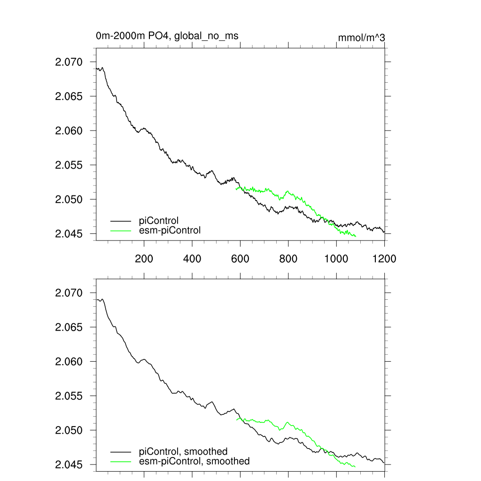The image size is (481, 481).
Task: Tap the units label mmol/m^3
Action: point(361,38)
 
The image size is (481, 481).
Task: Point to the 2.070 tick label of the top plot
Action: point(69,62)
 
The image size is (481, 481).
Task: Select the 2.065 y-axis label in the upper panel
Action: point(69,96)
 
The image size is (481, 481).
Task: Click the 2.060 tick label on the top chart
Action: point(69,131)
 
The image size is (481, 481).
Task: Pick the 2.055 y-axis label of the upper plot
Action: point(69,165)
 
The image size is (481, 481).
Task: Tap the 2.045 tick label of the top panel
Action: point(69,233)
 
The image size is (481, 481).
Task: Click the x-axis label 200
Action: point(144,258)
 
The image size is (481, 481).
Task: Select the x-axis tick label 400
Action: point(192,258)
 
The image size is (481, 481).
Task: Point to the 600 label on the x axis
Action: point(240,258)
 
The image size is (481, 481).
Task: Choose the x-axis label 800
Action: point(288,258)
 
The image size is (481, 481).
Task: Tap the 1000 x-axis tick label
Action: point(336,258)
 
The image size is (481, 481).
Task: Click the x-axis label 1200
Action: point(384,258)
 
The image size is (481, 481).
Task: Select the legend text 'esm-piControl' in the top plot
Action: point(170,230)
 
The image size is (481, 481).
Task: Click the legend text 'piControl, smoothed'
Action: point(183,451)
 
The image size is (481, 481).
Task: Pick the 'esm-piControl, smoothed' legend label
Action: point(194,461)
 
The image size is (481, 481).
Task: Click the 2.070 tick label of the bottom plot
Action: point(69,293)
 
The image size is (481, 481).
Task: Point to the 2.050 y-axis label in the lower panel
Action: point(69,430)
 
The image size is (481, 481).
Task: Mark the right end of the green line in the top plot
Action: point(356,236)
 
